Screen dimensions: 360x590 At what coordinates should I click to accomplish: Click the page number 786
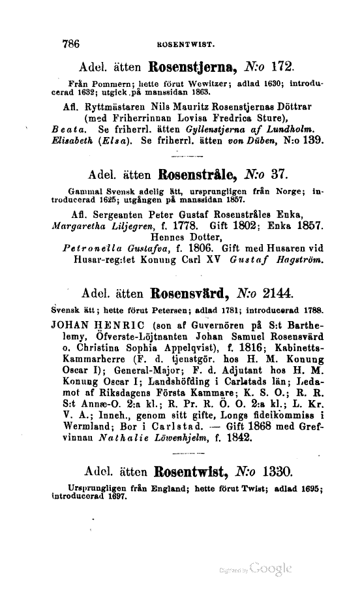(70, 44)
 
